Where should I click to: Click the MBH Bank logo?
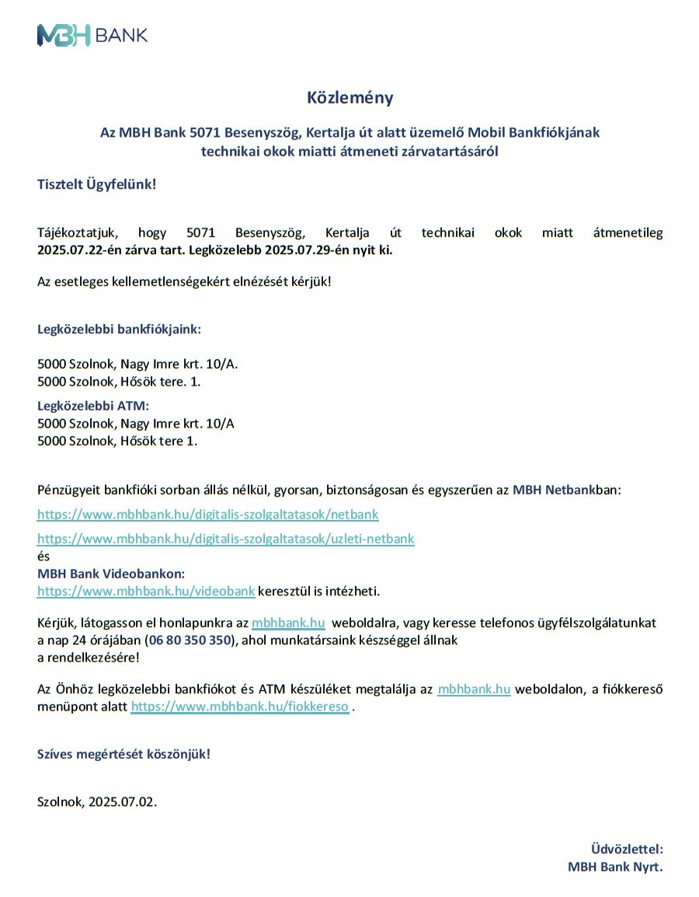click(x=92, y=34)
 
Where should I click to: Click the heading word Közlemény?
click(x=349, y=98)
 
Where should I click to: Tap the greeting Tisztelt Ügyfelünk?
click(x=96, y=184)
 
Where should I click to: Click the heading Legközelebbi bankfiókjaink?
click(x=119, y=329)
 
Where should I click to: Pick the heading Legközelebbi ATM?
click(x=92, y=405)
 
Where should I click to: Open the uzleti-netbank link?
click(x=225, y=538)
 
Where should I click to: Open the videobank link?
click(x=146, y=592)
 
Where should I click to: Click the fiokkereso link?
click(x=239, y=707)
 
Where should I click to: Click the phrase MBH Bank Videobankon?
click(x=111, y=574)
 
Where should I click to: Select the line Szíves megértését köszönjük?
click(x=123, y=753)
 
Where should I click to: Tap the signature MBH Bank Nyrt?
click(x=614, y=867)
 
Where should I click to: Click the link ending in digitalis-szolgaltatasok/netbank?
click(x=207, y=515)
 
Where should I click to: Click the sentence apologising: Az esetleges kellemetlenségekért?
click(x=183, y=280)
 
